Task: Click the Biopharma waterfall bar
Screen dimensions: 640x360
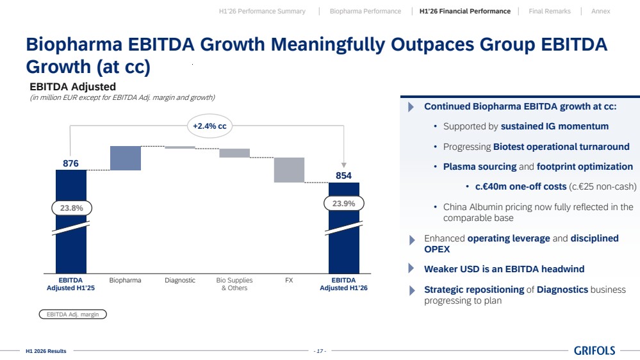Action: (x=126, y=158)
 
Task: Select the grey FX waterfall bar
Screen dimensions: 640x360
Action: (x=289, y=170)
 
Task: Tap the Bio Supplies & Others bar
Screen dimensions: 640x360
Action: (x=234, y=153)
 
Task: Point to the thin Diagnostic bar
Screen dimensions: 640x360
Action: (x=180, y=147)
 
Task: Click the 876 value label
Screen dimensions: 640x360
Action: (x=70, y=163)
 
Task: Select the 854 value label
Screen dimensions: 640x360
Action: (x=343, y=176)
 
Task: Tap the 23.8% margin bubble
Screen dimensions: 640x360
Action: (x=71, y=208)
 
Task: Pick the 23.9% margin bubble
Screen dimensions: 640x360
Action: (x=343, y=203)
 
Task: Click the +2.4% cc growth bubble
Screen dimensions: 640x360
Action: (x=209, y=126)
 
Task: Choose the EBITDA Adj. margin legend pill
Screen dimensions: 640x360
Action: (x=72, y=315)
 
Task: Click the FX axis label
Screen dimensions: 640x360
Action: (x=289, y=281)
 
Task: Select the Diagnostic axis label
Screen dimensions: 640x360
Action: (x=180, y=281)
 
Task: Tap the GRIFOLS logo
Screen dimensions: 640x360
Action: (x=595, y=350)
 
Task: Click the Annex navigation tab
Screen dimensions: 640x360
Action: (x=601, y=11)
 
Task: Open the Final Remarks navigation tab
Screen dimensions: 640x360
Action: (x=550, y=11)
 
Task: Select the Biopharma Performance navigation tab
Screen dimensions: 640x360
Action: (x=365, y=11)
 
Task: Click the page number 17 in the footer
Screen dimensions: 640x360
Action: (x=320, y=351)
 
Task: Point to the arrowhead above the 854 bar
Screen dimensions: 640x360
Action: (x=343, y=165)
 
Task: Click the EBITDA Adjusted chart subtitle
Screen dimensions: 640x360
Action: (x=72, y=86)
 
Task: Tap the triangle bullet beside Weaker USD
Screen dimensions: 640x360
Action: (x=411, y=268)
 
